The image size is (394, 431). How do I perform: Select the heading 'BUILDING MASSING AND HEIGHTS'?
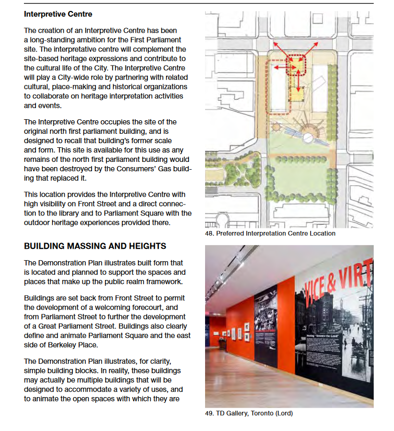(x=95, y=246)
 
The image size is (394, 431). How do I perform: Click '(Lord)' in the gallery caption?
(x=284, y=414)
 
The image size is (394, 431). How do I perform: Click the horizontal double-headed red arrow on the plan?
(x=283, y=67)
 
